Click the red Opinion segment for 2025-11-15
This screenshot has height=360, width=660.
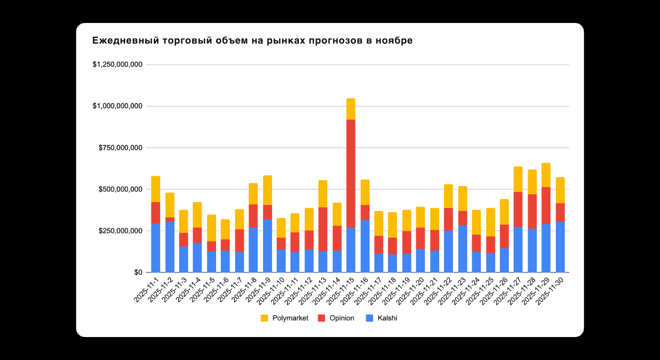pyautogui.click(x=351, y=173)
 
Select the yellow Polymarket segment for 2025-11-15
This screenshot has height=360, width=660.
pyautogui.click(x=351, y=109)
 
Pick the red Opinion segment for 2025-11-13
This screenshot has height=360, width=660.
pyautogui.click(x=323, y=229)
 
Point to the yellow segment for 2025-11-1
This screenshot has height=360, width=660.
pyautogui.click(x=156, y=189)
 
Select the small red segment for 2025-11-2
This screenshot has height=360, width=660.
pyautogui.click(x=170, y=219)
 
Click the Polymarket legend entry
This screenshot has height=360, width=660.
pyautogui.click(x=285, y=318)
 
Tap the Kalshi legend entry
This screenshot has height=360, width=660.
pyautogui.click(x=382, y=318)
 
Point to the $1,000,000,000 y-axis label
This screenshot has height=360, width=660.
pyautogui.click(x=118, y=106)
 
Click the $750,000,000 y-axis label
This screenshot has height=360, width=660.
pyautogui.click(x=121, y=148)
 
